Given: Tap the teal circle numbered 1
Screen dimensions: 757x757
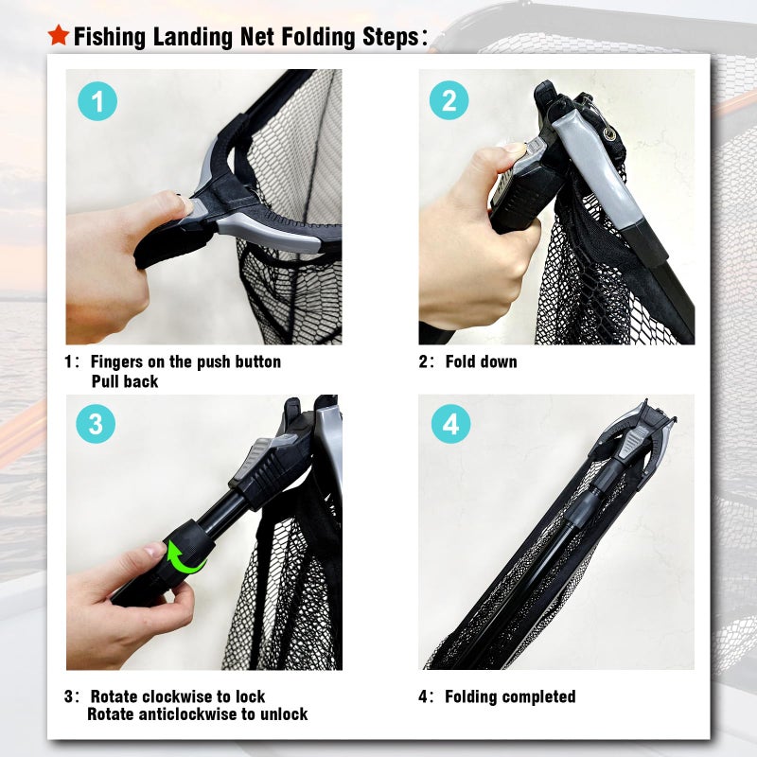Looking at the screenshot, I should [x=97, y=101].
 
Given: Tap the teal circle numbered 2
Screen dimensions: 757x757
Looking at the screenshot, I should [x=449, y=100].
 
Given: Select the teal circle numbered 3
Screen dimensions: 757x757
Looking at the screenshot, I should [x=95, y=424].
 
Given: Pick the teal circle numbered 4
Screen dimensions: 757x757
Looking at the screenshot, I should [x=450, y=425].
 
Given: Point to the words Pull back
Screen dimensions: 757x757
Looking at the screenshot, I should [x=124, y=382].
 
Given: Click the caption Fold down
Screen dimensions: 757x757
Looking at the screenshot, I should [x=482, y=362].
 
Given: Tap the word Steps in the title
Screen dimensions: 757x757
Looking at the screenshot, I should [x=383, y=38].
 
